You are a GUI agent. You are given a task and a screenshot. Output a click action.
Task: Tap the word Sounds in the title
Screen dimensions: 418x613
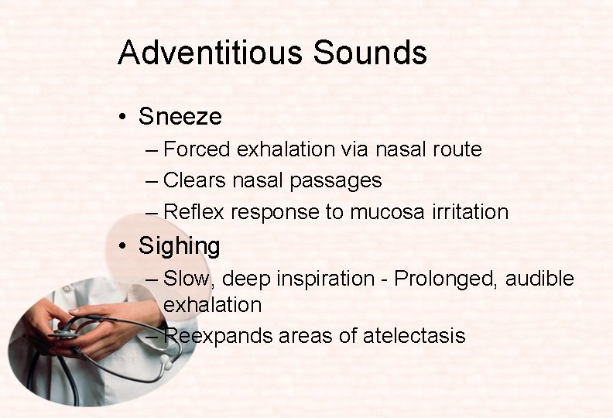[370, 53]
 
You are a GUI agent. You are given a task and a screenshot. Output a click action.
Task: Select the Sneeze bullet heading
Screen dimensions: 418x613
[180, 117]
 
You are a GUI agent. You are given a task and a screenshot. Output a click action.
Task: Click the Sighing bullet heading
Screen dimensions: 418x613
[179, 246]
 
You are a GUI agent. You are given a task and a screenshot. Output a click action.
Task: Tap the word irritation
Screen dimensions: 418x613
[470, 212]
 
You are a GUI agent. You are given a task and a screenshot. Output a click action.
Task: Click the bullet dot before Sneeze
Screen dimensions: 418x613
[123, 118]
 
